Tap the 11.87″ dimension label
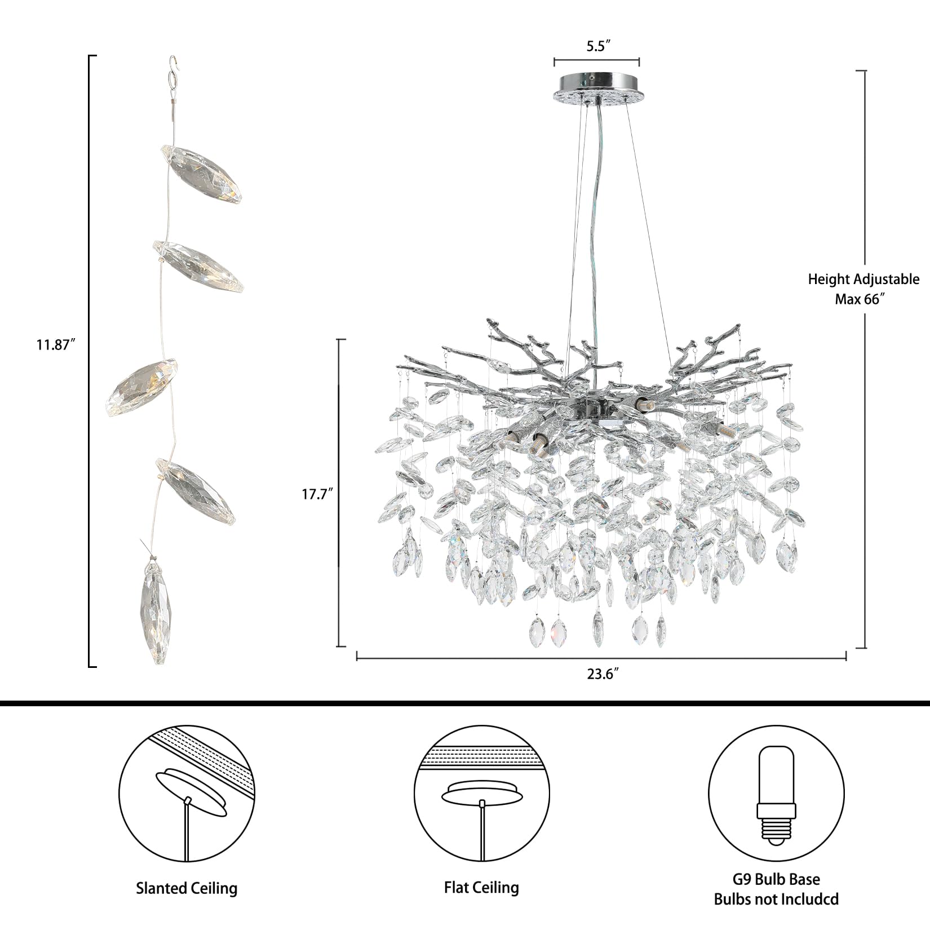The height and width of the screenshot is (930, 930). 56,345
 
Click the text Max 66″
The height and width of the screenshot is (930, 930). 857,299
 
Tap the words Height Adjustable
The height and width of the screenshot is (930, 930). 863,279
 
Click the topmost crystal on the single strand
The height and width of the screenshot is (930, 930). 203,176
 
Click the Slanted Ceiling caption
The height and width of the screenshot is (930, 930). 187,889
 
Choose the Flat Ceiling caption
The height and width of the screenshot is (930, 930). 481,888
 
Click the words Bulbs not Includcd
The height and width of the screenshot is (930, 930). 776,899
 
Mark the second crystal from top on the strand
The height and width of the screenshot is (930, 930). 197,265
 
